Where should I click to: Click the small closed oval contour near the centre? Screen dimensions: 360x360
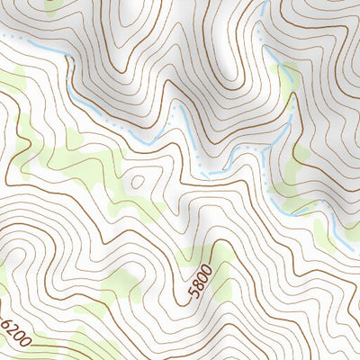click(137, 180)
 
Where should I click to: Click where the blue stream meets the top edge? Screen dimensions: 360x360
click(267, 3)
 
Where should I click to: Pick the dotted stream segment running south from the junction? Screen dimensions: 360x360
click(268, 180)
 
